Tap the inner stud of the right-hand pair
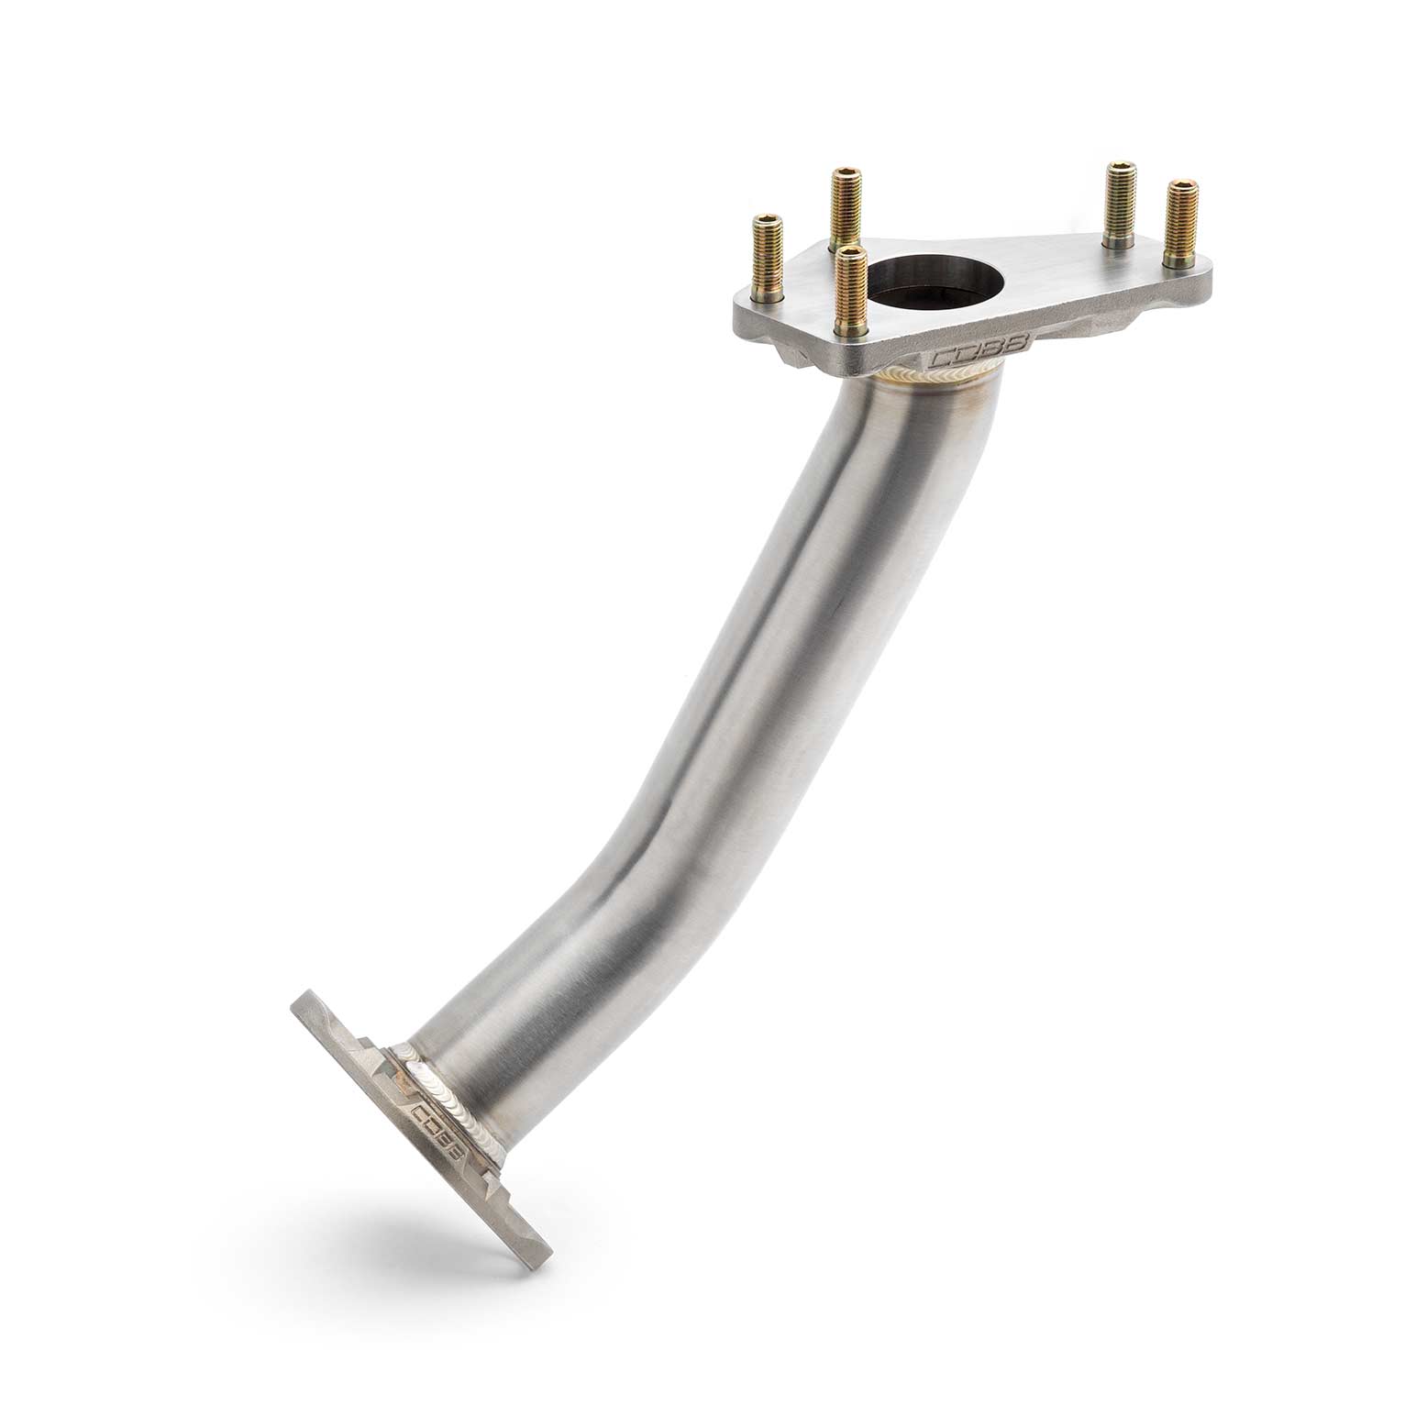[x=1117, y=204]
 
